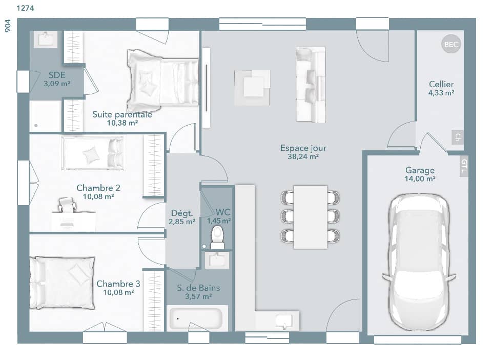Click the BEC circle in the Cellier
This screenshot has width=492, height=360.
451,45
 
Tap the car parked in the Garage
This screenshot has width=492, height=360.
418,262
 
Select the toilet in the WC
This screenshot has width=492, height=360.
218,236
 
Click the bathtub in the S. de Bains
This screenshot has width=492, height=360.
197,318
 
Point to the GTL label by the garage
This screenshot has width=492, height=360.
464,166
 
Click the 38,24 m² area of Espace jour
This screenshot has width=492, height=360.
303,157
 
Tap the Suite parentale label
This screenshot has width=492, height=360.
122,114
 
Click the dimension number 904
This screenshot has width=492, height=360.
7,27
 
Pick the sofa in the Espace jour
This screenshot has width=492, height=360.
311,85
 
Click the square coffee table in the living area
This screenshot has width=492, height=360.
252,87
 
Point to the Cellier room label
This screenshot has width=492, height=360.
441,84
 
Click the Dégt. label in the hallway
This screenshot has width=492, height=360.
181,213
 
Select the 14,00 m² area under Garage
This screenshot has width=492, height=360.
420,179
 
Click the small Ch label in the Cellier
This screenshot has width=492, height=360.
457,137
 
